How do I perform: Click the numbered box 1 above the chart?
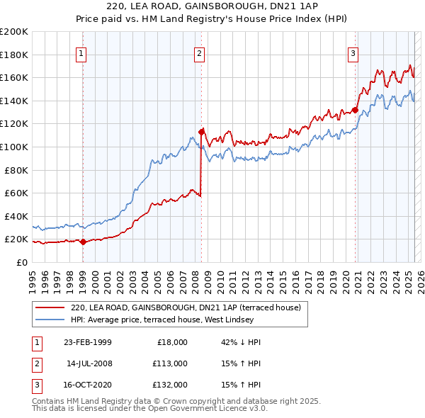pyautogui.click(x=82, y=53)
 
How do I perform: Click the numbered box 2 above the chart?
pyautogui.click(x=200, y=53)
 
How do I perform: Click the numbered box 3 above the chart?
pyautogui.click(x=353, y=53)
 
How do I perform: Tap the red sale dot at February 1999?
pyautogui.click(x=83, y=242)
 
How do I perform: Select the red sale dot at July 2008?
pyautogui.click(x=201, y=132)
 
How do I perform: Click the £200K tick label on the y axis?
pyautogui.click(x=14, y=32)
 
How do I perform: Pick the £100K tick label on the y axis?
pyautogui.click(x=14, y=147)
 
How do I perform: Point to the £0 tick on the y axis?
pyautogui.click(x=21, y=262)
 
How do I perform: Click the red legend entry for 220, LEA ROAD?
pyautogui.click(x=186, y=307)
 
